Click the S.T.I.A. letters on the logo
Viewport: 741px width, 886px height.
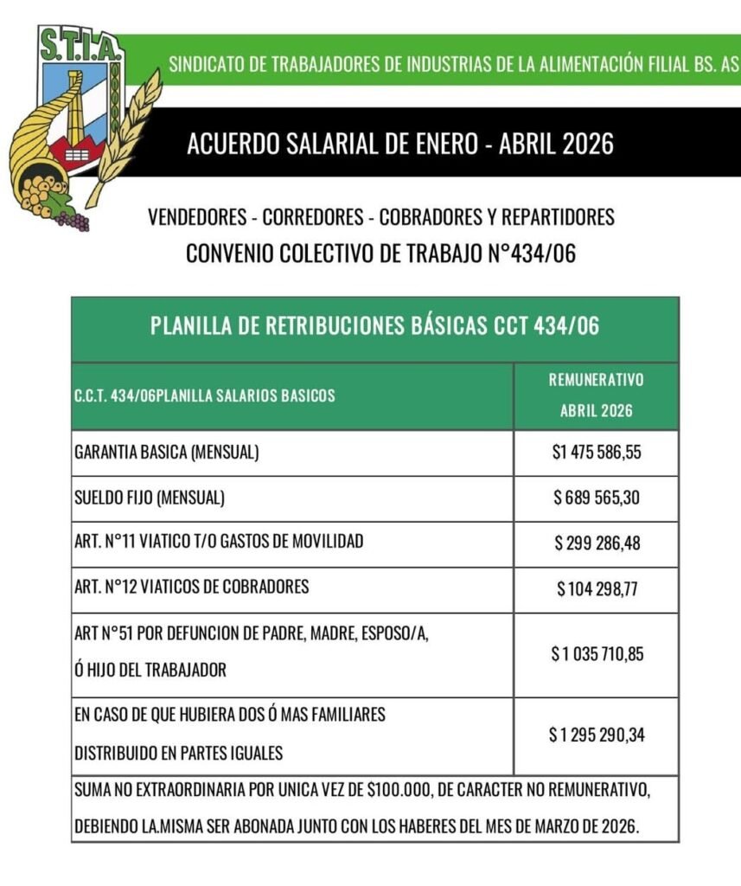pos(80,44)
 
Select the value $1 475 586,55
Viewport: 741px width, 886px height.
pos(597,453)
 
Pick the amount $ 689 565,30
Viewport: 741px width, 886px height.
pos(597,498)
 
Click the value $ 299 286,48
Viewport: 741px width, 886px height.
pos(597,543)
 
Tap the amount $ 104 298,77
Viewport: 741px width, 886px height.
pos(597,589)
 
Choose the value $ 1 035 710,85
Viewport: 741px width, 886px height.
pos(597,653)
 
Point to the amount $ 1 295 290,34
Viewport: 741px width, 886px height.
pos(597,735)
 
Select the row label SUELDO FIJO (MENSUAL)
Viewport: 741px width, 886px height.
pos(150,498)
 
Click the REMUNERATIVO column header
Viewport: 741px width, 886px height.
pos(597,380)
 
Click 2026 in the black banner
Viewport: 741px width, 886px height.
pos(585,143)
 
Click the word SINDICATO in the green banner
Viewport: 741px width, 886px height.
pos(205,65)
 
